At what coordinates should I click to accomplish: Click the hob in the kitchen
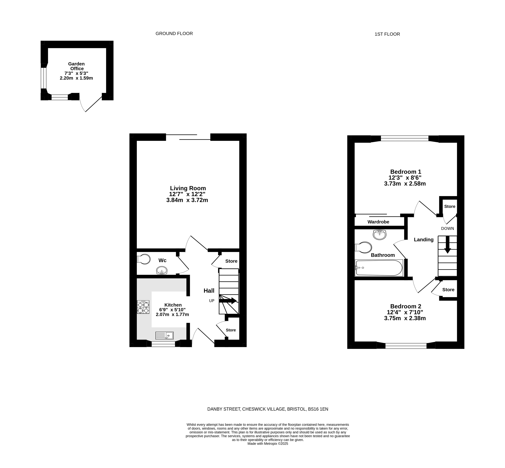(143, 307)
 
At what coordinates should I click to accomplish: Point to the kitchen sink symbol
(164, 336)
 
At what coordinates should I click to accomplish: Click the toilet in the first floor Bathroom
(363, 247)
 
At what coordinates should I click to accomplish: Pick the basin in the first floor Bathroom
(379, 235)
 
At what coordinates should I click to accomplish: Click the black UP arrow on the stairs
(228, 301)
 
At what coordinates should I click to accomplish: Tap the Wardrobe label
(378, 222)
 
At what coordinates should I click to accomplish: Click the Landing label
(424, 240)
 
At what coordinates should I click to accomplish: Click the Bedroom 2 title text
(406, 306)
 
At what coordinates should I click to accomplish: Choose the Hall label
(209, 291)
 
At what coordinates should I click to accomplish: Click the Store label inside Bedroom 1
(450, 206)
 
